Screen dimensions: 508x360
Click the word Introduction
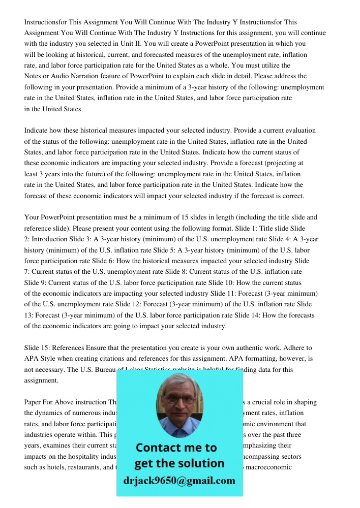coord(50,239)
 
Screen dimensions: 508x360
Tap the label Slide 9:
coord(36,282)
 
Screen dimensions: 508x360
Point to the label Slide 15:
coord(36,347)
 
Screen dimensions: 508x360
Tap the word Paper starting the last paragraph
coord(33,402)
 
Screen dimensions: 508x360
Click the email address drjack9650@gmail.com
coord(179,481)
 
